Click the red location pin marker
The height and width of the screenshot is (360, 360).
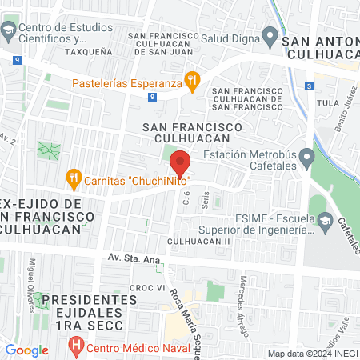pyautogui.click(x=181, y=163)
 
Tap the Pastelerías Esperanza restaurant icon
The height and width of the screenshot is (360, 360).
pyautogui.click(x=192, y=80)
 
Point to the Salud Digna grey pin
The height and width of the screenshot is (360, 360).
pyautogui.click(x=270, y=38)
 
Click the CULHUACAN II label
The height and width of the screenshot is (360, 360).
pyautogui.click(x=199, y=241)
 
